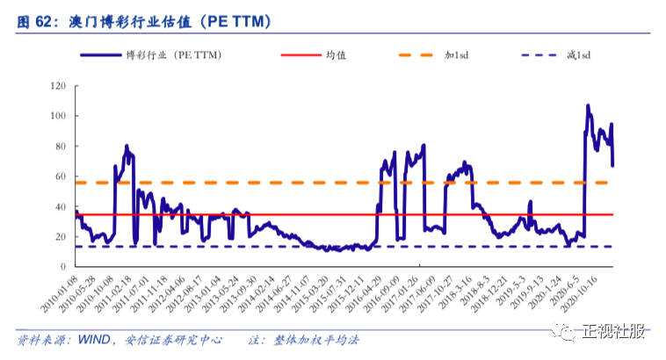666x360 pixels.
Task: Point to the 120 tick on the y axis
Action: pos(59,86)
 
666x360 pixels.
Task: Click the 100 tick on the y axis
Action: pos(59,116)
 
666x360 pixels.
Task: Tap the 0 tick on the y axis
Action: pos(64,267)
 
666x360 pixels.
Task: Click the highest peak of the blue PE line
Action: pos(588,105)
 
